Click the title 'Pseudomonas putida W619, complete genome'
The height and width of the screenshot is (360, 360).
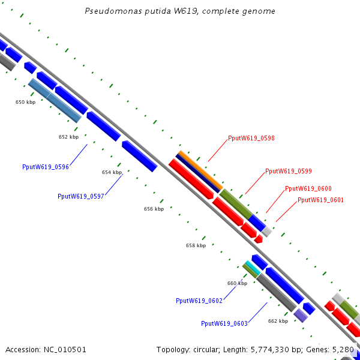pyautogui.click(x=181, y=11)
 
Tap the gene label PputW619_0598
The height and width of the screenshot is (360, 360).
pyautogui.click(x=251, y=138)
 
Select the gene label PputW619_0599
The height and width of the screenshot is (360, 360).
pyautogui.click(x=288, y=171)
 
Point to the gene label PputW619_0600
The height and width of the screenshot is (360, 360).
pyautogui.click(x=308, y=188)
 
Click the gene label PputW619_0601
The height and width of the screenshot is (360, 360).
pyautogui.click(x=320, y=200)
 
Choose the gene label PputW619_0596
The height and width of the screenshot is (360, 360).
pyautogui.click(x=45, y=167)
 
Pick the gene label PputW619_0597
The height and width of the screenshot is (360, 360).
pyautogui.click(x=81, y=196)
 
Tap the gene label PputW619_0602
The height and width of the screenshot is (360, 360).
pyautogui.click(x=199, y=301)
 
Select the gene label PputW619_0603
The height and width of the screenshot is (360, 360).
pyautogui.click(x=224, y=323)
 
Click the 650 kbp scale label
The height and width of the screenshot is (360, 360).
pyautogui.click(x=25, y=102)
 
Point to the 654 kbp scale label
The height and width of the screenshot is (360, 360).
pyautogui.click(x=112, y=172)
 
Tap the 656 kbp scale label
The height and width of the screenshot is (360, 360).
pyautogui.click(x=154, y=209)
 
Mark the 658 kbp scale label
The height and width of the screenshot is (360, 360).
pyautogui.click(x=196, y=245)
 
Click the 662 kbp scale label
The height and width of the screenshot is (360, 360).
pyautogui.click(x=278, y=321)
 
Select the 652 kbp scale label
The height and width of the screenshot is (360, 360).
pyautogui.click(x=68, y=137)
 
